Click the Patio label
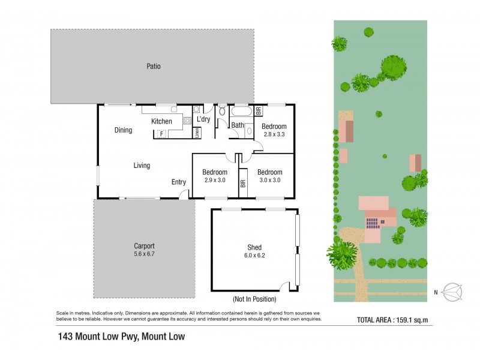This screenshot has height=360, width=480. pyautogui.click(x=153, y=67)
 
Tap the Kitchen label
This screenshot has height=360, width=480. pyautogui.click(x=161, y=121)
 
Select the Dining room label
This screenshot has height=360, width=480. pyautogui.click(x=123, y=130)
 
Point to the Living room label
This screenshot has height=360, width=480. pyautogui.click(x=142, y=166)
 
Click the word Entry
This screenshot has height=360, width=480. pyautogui.click(x=178, y=182)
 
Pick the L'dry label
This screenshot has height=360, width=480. pyautogui.click(x=203, y=119)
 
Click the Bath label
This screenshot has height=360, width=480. pyautogui.click(x=238, y=125)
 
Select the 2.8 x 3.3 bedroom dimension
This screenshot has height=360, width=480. pyautogui.click(x=274, y=134)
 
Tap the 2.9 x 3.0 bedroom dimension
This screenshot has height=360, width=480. pyautogui.click(x=214, y=180)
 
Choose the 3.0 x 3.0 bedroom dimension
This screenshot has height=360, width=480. pyautogui.click(x=270, y=180)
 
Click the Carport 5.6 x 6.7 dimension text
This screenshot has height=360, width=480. pyautogui.click(x=144, y=253)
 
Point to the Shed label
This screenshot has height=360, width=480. pyautogui.click(x=254, y=247)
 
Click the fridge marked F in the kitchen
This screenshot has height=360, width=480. pyautogui.click(x=161, y=134)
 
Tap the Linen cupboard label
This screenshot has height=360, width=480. pyautogui.click(x=196, y=133)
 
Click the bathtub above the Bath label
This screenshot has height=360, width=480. pyautogui.click(x=242, y=111)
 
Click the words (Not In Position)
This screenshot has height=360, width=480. pyautogui.click(x=254, y=299)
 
